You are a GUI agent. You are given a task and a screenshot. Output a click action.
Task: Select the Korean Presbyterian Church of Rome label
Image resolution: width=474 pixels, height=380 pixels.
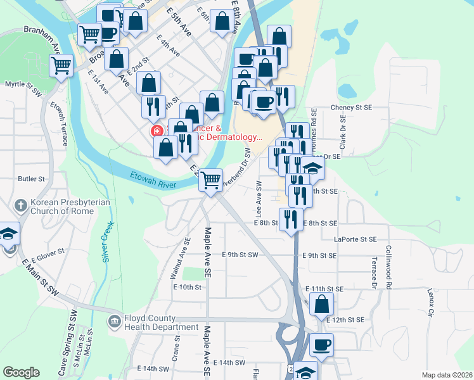pos(70,210)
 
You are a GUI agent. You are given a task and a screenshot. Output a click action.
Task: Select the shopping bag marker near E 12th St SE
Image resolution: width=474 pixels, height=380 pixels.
pos(321,305)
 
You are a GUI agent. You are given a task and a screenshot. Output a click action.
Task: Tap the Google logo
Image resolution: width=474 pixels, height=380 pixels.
pos(21,372)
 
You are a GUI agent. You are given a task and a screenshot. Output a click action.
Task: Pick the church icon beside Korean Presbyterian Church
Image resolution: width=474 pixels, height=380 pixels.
pos(20,205)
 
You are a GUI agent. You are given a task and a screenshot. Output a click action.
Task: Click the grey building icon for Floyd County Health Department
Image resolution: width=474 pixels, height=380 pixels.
pos(114,322)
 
